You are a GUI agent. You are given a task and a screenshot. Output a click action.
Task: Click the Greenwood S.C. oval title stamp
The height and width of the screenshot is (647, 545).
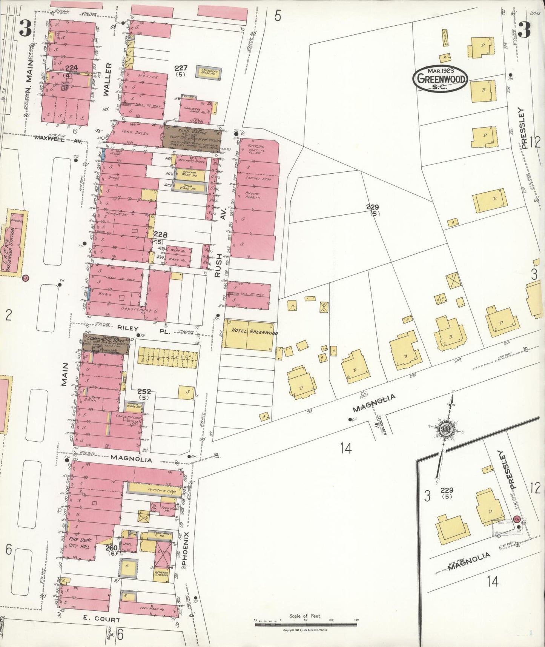point(440,79)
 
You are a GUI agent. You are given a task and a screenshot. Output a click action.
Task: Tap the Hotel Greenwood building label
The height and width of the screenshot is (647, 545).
point(249,332)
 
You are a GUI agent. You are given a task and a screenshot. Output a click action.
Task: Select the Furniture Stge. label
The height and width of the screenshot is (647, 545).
point(154,490)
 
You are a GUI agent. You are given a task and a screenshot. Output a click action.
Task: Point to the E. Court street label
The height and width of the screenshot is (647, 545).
point(101,619)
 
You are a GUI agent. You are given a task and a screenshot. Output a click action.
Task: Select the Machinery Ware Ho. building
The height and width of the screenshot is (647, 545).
point(208,71)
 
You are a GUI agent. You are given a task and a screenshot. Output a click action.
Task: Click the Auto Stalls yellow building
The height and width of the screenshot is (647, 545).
point(167,357)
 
